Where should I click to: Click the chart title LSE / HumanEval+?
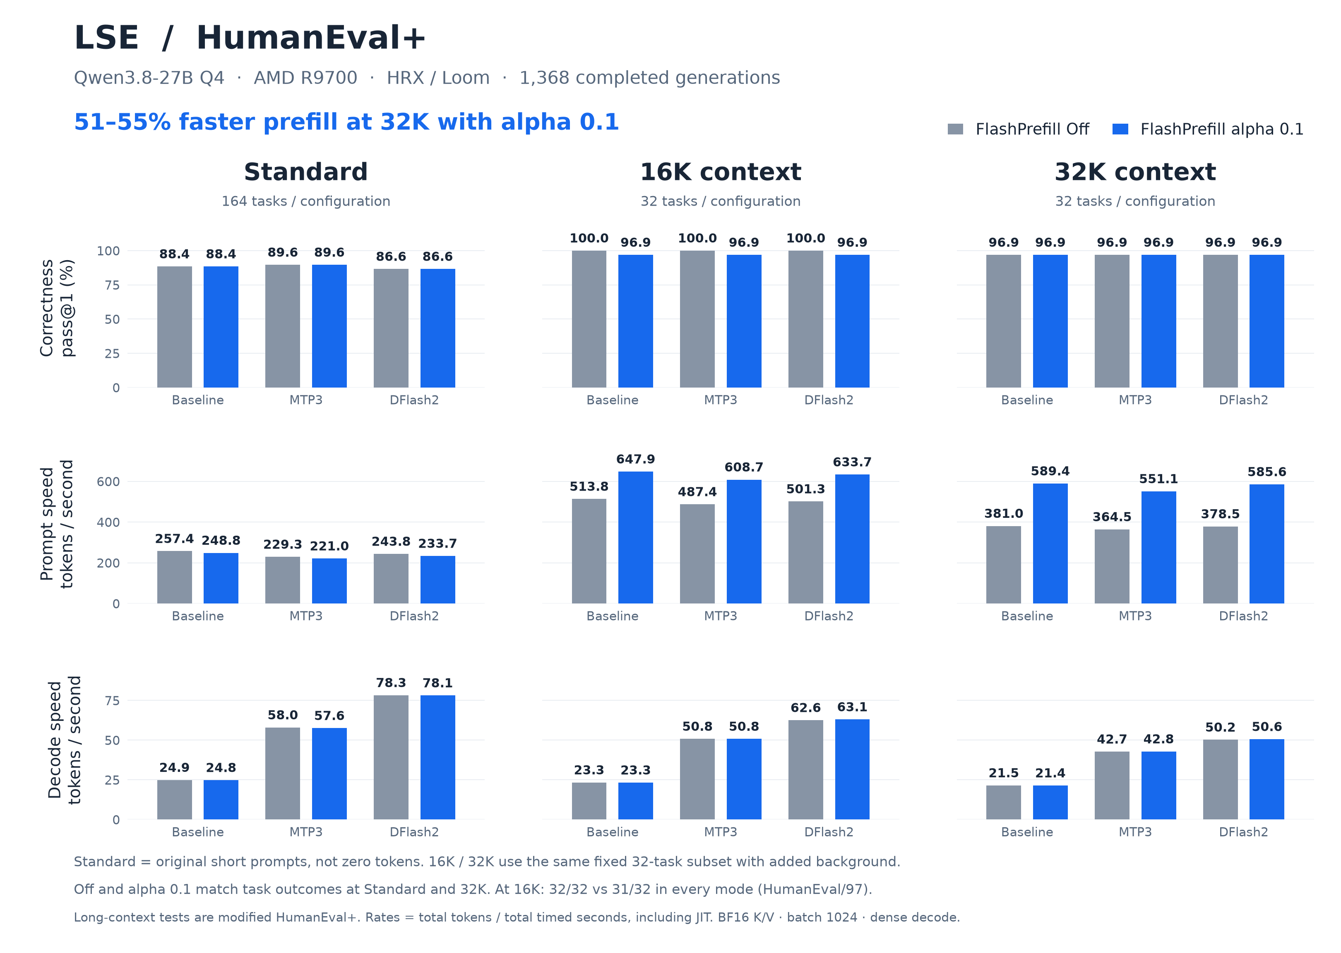[x=250, y=38]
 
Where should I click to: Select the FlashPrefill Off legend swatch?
[x=955, y=129]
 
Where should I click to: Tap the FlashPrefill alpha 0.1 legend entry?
[x=1208, y=129]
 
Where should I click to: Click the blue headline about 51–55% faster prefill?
[x=346, y=122]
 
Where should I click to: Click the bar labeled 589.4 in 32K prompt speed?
[x=1050, y=544]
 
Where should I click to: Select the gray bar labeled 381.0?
[x=1003, y=565]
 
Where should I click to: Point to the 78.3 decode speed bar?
[x=391, y=757]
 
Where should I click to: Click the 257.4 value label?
[x=174, y=539]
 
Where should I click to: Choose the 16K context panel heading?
[x=721, y=172]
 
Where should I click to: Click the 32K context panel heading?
[x=1135, y=172]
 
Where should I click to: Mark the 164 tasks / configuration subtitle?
[x=306, y=201]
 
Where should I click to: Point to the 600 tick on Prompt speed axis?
[x=108, y=482]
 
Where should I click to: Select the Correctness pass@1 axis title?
[x=57, y=308]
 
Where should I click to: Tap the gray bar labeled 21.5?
[x=1003, y=802]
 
